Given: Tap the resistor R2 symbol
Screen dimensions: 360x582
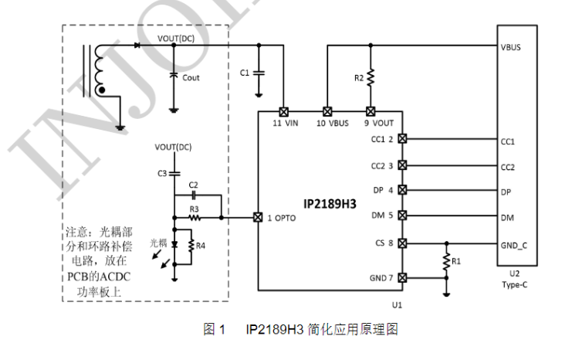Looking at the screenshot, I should point(371,79).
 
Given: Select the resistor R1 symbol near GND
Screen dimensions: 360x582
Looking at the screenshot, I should point(446,263).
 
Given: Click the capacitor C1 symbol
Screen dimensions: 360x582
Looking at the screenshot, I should point(259,73).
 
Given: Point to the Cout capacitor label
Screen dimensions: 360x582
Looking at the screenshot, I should point(191,77).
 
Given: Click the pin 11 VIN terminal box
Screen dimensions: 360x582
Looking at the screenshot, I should point(283,111).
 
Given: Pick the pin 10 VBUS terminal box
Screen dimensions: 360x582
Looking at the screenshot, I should point(327,111).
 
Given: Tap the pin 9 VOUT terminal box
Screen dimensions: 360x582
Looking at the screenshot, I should point(371,111).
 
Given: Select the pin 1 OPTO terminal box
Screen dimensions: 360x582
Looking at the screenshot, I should point(258,218).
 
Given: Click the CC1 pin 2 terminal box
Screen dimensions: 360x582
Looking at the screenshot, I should point(401,139).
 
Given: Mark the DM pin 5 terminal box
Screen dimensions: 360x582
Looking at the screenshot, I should point(401,217).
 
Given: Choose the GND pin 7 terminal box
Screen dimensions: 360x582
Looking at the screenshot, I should point(401,277).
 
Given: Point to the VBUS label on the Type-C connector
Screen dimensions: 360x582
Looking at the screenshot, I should point(511,46).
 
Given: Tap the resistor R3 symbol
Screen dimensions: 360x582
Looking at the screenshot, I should point(196,218).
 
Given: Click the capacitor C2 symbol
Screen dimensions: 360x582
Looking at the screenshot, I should point(193,195).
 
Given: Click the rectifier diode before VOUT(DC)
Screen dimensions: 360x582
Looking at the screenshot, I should point(137,45).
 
